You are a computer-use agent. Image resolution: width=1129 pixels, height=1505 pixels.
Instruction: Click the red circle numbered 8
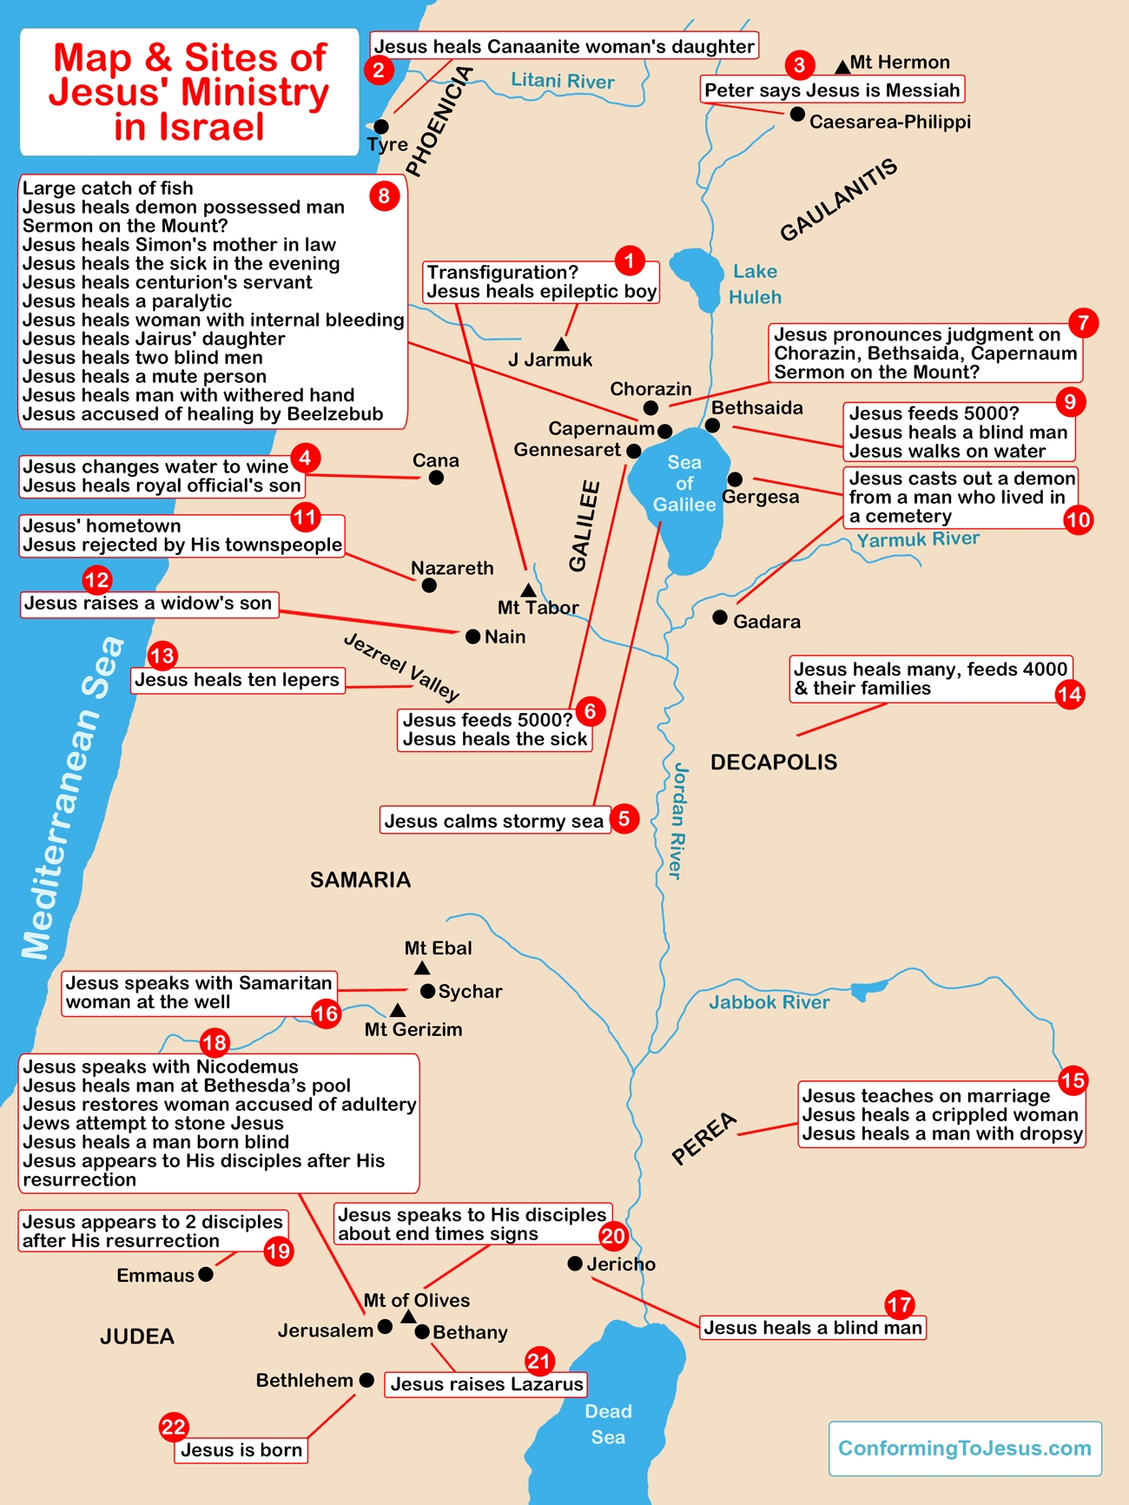tap(384, 195)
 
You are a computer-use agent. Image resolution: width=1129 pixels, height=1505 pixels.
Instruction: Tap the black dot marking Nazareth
tap(429, 586)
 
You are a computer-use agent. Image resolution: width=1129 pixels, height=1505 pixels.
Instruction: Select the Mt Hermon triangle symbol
tap(842, 66)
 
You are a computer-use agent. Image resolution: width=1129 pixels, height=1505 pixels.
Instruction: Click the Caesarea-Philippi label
tap(889, 122)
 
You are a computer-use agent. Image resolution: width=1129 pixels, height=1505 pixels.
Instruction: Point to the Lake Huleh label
tap(755, 285)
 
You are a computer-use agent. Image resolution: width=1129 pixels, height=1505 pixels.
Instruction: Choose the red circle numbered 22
tap(174, 1427)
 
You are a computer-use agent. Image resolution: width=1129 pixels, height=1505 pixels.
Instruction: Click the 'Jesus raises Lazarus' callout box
tap(486, 1384)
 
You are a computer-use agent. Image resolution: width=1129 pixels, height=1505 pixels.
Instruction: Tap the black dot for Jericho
tap(575, 1264)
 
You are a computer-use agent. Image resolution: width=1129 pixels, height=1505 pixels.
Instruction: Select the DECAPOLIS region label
tap(774, 762)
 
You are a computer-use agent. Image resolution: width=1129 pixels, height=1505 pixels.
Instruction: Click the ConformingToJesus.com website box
tap(965, 1449)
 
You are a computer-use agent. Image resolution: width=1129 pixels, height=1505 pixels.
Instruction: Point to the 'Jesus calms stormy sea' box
tap(493, 821)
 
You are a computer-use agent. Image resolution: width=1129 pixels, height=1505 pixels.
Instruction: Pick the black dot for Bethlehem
tap(366, 1380)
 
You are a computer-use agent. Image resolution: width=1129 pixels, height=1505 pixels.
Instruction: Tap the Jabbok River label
tap(769, 1002)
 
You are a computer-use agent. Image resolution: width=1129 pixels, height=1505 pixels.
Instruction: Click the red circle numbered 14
tap(1070, 694)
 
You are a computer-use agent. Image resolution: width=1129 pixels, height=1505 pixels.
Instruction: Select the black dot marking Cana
tap(436, 478)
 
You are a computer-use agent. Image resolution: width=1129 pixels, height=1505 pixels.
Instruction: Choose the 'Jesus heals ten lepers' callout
tap(237, 680)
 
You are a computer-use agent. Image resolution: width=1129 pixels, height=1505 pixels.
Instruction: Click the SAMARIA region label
tap(360, 880)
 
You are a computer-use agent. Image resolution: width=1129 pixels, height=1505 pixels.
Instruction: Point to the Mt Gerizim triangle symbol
tap(397, 1011)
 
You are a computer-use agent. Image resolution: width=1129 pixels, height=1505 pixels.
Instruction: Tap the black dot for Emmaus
tap(206, 1274)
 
